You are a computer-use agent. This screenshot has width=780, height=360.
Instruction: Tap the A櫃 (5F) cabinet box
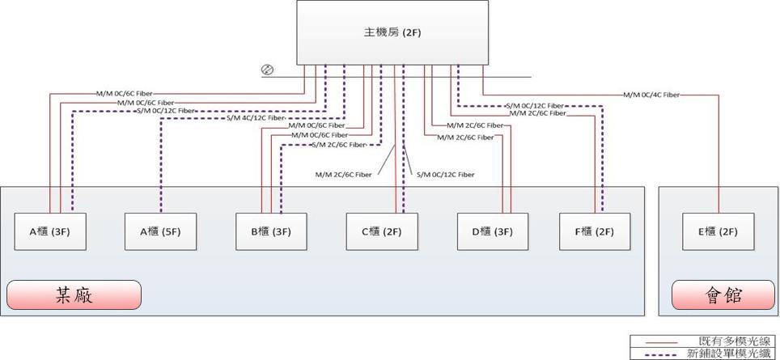click(x=161, y=231)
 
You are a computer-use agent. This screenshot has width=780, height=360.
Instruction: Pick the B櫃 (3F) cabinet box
click(x=271, y=231)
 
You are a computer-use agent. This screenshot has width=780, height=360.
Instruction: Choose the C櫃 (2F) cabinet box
click(x=382, y=231)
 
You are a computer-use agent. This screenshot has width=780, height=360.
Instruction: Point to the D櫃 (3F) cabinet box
click(x=492, y=231)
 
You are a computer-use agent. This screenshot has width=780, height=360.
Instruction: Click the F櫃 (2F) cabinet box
click(x=596, y=231)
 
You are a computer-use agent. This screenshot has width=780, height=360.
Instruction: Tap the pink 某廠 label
click(x=74, y=295)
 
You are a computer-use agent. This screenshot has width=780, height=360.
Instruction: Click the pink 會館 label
click(x=723, y=295)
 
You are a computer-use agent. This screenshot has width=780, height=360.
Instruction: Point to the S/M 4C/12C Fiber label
click(x=256, y=118)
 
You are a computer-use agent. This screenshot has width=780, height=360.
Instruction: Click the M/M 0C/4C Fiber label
click(x=651, y=95)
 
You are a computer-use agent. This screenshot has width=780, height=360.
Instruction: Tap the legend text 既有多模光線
click(x=725, y=341)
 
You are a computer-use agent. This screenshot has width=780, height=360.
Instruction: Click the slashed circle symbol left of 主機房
click(x=267, y=70)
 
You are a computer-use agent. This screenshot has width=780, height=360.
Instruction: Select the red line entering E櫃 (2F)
click(x=719, y=162)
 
